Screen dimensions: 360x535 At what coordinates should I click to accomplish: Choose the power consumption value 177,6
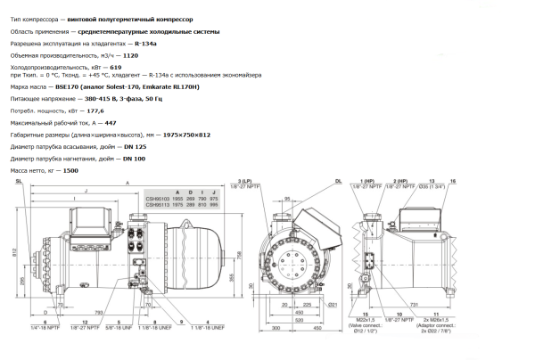95,112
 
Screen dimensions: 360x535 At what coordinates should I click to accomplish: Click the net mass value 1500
70,169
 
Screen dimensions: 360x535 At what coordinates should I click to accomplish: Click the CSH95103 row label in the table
158,197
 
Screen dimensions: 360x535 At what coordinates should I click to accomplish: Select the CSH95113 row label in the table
158,203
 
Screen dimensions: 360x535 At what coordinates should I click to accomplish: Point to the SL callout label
18,181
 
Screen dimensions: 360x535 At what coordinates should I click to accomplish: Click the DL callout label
339,181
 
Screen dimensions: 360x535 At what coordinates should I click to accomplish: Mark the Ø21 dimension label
332,306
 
